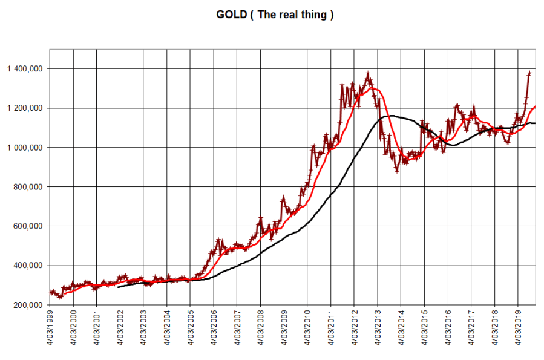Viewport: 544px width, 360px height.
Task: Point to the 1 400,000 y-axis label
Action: pyautogui.click(x=25, y=69)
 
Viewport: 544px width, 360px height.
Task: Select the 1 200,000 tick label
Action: pyautogui.click(x=25, y=108)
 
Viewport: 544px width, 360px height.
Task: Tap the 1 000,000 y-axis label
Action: pyautogui.click(x=25, y=148)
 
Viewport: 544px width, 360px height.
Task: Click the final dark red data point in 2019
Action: pyautogui.click(x=530, y=73)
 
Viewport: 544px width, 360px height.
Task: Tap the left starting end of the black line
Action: pyautogui.click(x=119, y=287)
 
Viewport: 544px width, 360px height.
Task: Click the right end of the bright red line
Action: pyautogui.click(x=536, y=106)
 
